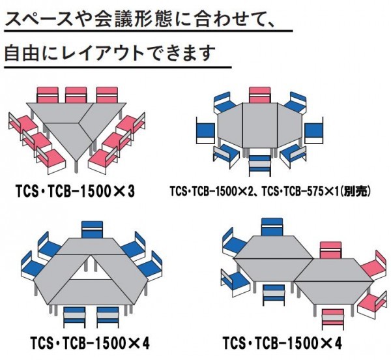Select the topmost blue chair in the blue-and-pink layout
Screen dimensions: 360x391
[270, 228]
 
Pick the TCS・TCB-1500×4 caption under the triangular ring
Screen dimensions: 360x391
[89, 342]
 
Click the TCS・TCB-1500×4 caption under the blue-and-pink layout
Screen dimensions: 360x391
[282, 342]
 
